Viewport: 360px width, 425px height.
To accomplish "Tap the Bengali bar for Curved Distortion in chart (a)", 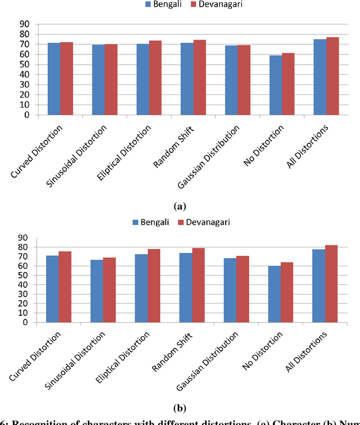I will click(x=54, y=79).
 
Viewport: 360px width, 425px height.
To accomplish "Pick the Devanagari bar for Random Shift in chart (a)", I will click(x=199, y=78).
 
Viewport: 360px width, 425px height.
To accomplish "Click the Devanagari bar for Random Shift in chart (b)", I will click(x=199, y=285).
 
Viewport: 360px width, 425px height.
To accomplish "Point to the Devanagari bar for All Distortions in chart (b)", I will click(x=332, y=284).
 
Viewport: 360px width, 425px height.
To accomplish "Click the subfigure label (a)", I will click(x=180, y=206).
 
